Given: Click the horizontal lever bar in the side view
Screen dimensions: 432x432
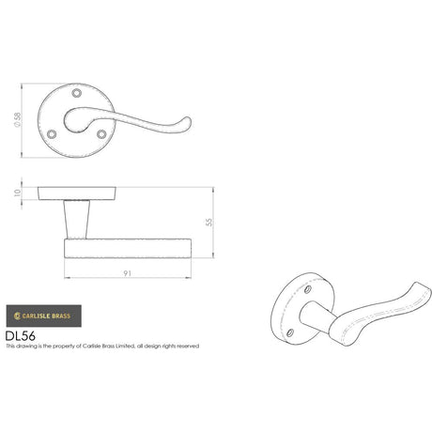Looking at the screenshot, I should pos(126,246).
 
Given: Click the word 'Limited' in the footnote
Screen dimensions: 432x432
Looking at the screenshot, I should pos(125,347).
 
